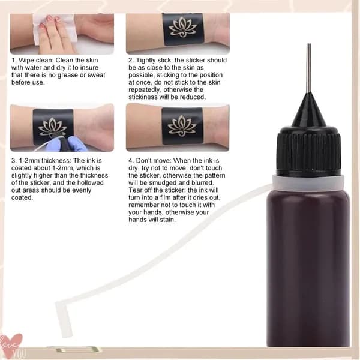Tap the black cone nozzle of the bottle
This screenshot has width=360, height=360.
pyautogui.click(x=309, y=110)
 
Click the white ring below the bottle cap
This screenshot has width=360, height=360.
pyautogui.click(x=308, y=182)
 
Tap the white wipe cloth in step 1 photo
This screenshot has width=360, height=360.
pyautogui.click(x=55, y=29)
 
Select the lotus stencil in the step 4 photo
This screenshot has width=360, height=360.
pyautogui.click(x=182, y=126)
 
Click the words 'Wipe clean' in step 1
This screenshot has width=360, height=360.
pyautogui.click(x=36, y=60)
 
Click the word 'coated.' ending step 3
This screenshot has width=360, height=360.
pyautogui.click(x=22, y=197)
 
